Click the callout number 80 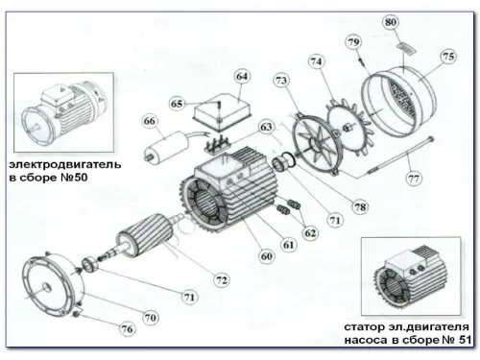point(390,22)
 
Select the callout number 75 point(447,57)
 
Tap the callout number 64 point(242,76)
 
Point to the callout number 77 point(414,178)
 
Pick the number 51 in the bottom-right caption point(465,339)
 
